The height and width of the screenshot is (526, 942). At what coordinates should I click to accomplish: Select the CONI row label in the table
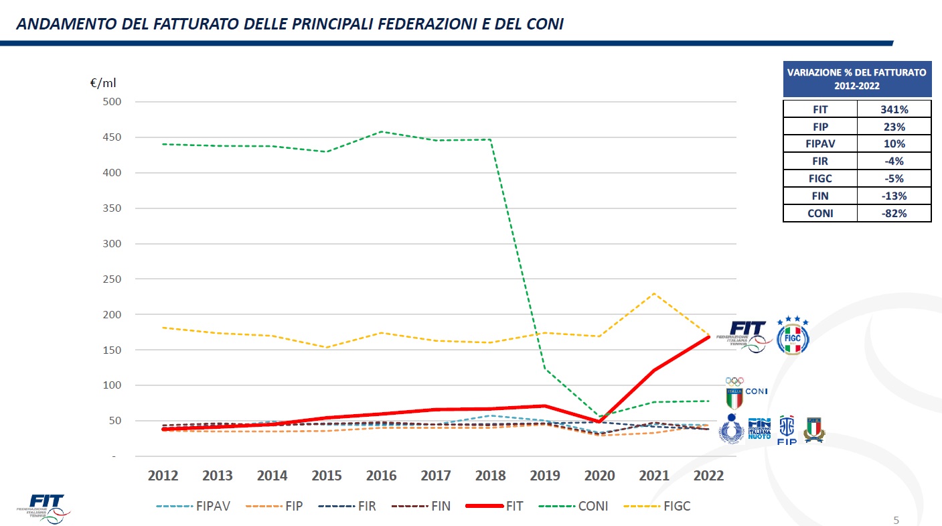819,214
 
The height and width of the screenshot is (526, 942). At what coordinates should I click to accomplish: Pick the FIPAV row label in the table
819,144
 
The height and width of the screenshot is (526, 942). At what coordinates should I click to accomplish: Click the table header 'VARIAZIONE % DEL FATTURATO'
857,78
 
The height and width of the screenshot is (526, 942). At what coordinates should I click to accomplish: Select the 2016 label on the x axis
381,476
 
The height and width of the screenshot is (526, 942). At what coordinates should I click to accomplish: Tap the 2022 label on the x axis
708,476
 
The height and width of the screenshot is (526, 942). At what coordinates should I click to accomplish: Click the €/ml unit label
103,83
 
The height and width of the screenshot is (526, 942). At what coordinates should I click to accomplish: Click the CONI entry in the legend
576,507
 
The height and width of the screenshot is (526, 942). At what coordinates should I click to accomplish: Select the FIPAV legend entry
193,507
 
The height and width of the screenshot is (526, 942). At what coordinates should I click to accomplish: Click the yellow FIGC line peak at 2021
654,293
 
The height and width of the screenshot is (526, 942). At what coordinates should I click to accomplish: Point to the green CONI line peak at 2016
381,131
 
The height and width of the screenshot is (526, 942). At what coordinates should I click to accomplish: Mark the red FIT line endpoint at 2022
708,336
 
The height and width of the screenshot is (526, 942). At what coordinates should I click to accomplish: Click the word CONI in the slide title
543,25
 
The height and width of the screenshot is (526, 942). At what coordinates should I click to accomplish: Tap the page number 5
896,521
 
